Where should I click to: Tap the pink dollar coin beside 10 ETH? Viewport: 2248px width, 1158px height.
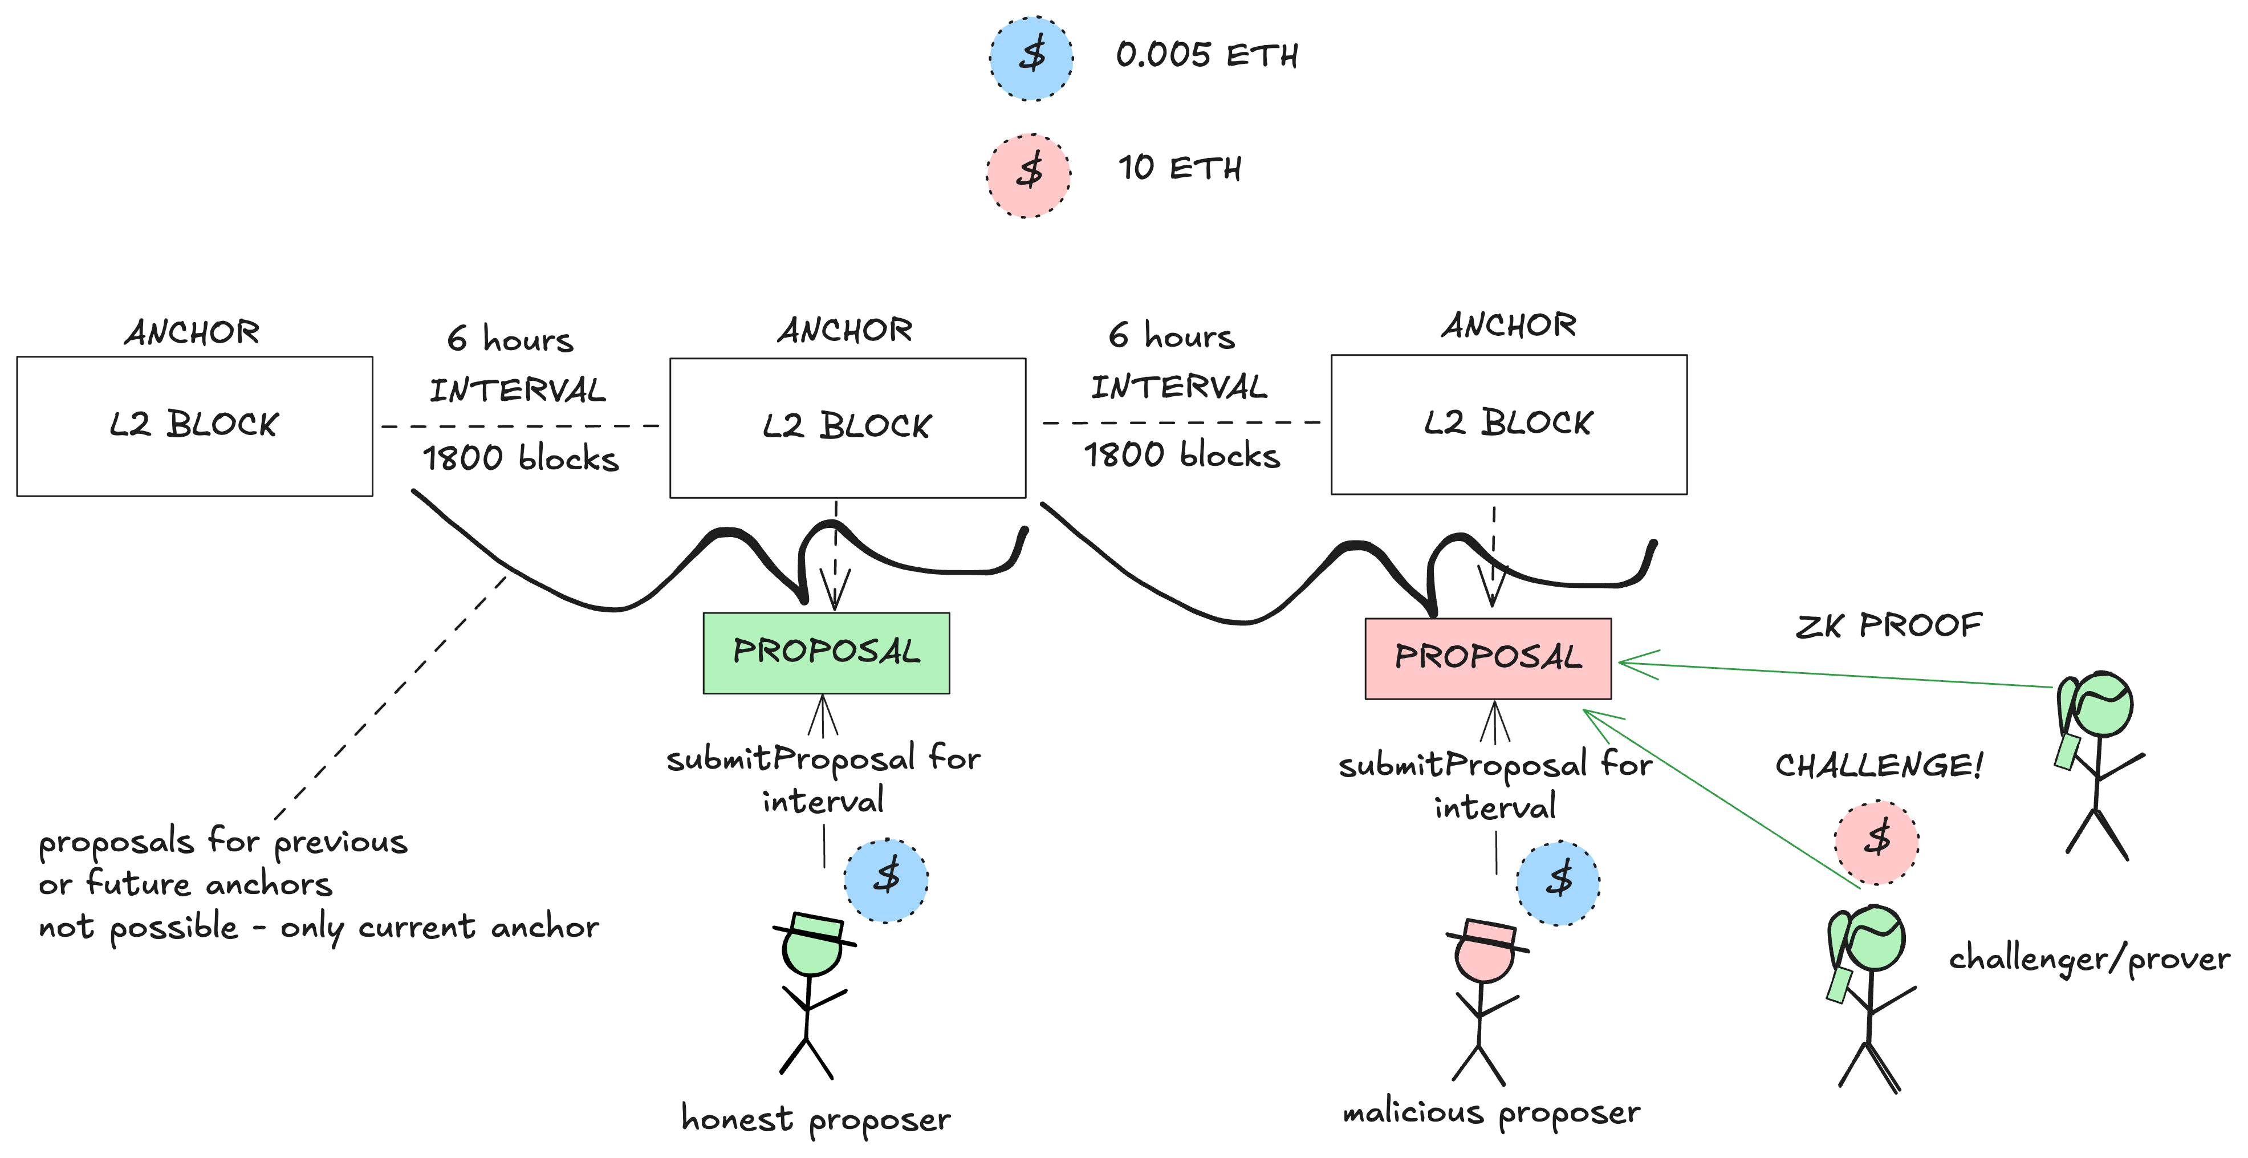[x=1029, y=174]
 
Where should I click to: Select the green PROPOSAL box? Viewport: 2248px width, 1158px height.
[x=826, y=653]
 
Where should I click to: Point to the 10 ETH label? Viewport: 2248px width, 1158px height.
[x=1180, y=168]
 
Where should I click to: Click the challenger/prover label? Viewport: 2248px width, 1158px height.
[x=2089, y=959]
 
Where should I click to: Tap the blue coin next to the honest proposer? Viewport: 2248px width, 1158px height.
[x=886, y=880]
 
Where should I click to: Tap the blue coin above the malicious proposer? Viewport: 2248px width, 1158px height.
[x=1558, y=882]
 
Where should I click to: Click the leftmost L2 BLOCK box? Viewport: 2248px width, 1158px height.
[x=194, y=426]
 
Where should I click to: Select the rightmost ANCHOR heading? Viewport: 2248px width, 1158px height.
[x=1508, y=326]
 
